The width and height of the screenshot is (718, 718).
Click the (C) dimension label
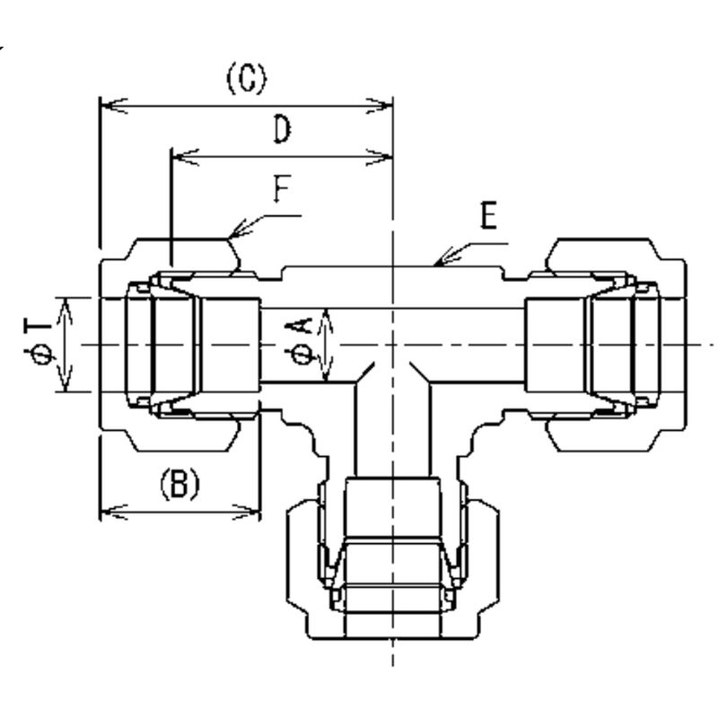click(x=245, y=82)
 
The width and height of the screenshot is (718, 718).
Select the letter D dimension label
click(x=282, y=132)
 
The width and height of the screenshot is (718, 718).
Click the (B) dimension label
click(x=179, y=485)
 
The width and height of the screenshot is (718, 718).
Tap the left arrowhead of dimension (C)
click(x=103, y=107)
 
